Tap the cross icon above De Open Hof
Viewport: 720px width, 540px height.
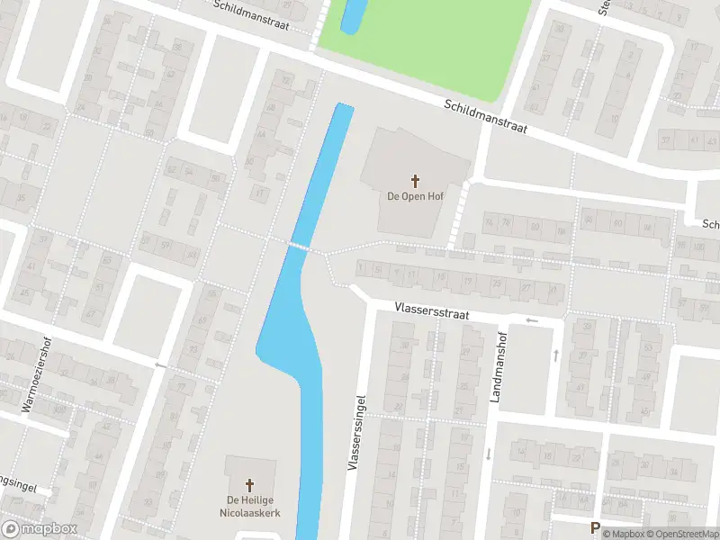[x=415, y=181]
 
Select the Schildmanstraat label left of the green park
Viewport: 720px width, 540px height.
[x=251, y=13]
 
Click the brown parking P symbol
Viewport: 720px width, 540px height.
[x=594, y=527]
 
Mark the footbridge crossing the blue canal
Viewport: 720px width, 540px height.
[x=300, y=246]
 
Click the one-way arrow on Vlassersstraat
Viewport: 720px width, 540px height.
[x=532, y=319]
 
